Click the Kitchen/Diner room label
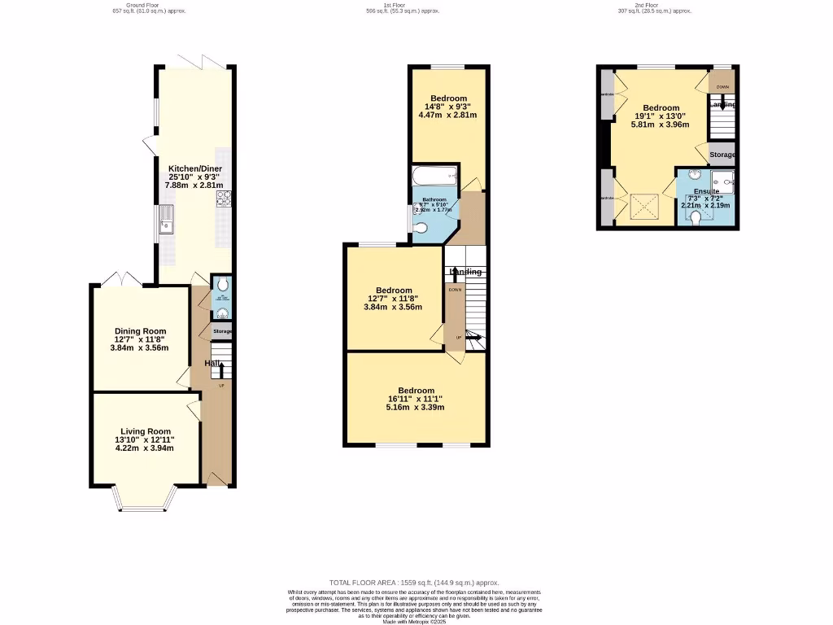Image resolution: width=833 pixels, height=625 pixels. click(194, 168)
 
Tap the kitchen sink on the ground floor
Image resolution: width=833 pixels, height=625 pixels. click(167, 221)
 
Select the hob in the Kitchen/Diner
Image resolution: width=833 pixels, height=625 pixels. click(223, 199)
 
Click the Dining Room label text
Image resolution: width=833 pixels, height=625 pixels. click(139, 331)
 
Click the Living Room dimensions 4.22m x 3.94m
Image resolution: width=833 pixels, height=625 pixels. click(145, 448)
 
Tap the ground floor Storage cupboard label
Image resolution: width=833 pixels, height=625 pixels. click(222, 331)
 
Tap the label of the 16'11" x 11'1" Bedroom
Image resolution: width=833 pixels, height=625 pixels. click(416, 391)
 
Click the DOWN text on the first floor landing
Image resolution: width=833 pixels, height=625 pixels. click(455, 290)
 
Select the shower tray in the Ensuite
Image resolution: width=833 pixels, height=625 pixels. click(722, 180)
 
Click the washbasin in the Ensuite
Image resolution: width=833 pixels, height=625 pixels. click(696, 174)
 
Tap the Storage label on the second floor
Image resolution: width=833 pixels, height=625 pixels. click(722, 155)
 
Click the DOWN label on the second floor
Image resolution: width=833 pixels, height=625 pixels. click(722, 86)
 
